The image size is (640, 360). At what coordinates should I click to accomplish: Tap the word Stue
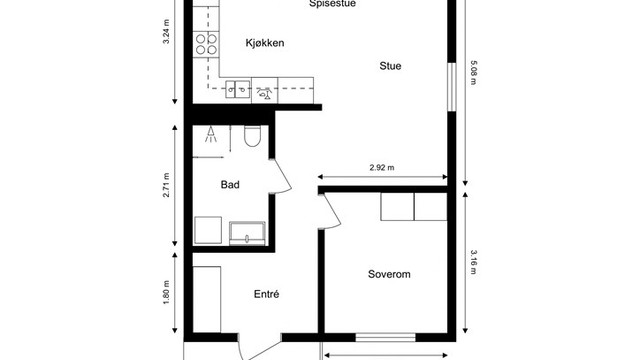pyautogui.click(x=390, y=67)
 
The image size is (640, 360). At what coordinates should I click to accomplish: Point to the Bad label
pyautogui.click(x=230, y=185)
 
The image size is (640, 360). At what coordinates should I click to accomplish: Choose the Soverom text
pyautogui.click(x=389, y=274)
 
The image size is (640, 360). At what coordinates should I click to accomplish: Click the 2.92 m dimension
pyautogui.click(x=381, y=168)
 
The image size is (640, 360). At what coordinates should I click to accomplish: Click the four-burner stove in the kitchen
pyautogui.click(x=207, y=43)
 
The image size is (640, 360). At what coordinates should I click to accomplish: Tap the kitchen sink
pyautogui.click(x=237, y=90)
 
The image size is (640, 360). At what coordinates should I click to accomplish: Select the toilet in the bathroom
pyautogui.click(x=251, y=137)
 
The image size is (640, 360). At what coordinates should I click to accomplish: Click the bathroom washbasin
pyautogui.click(x=246, y=234)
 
